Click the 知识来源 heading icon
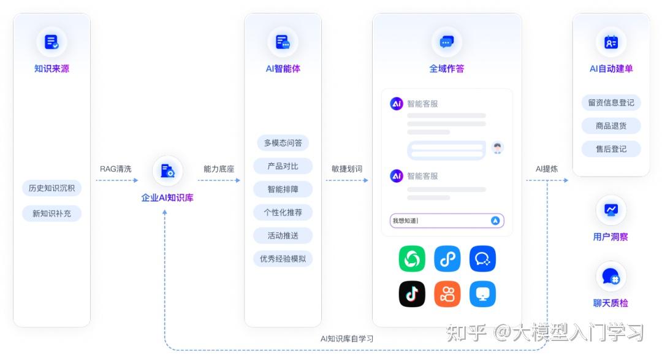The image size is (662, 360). point(51,42)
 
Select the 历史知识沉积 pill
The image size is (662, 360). point(51,188)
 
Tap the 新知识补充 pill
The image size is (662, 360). point(51,213)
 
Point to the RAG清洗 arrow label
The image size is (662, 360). point(115,169)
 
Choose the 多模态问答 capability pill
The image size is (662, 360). point(283,143)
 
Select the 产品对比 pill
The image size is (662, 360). point(283,166)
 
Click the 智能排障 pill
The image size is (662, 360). point(283,189)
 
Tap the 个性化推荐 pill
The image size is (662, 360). point(283,212)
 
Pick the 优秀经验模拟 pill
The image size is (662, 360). point(283,258)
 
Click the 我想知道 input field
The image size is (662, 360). point(438,221)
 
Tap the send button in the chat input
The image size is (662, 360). point(495,221)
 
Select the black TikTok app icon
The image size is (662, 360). point(412,294)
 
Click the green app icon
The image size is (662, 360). point(412,259)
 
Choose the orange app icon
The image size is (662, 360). point(447,294)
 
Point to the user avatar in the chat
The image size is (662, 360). point(497,148)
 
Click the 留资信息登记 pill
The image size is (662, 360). point(611,102)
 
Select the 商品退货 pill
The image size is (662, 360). point(611,126)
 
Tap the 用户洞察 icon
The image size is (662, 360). point(611,210)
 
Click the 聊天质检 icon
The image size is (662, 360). point(611,277)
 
